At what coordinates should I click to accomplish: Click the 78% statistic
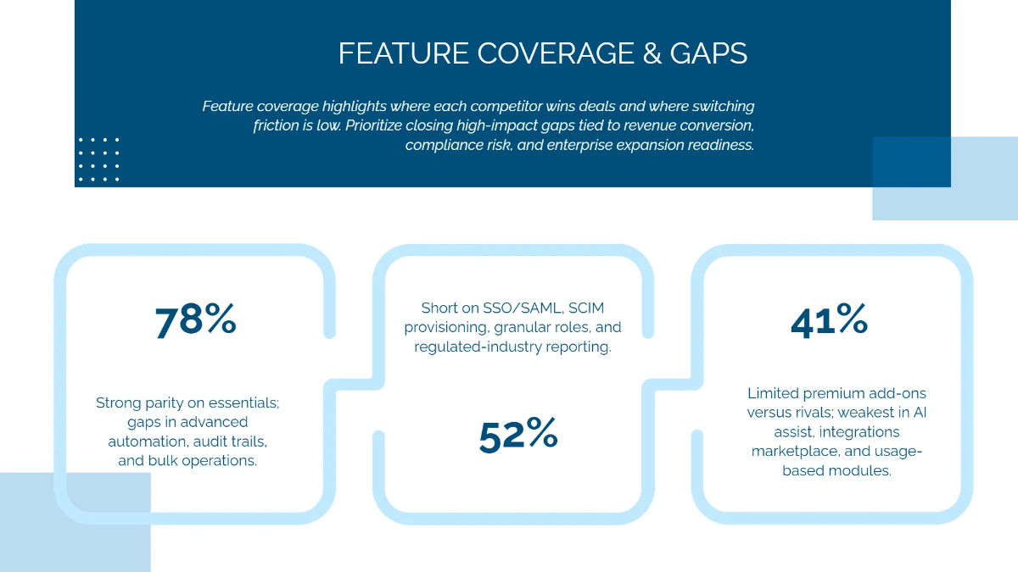pyautogui.click(x=195, y=320)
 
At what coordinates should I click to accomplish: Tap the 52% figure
pyautogui.click(x=518, y=435)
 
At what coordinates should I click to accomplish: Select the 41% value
pyautogui.click(x=829, y=320)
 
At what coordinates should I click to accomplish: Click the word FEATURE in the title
pyautogui.click(x=404, y=53)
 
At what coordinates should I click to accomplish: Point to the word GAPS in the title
pyautogui.click(x=708, y=53)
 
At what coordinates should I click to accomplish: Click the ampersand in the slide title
pyautogui.click(x=649, y=53)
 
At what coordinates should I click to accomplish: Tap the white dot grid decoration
pyautogui.click(x=98, y=159)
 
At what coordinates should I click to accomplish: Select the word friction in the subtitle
pyautogui.click(x=275, y=125)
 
